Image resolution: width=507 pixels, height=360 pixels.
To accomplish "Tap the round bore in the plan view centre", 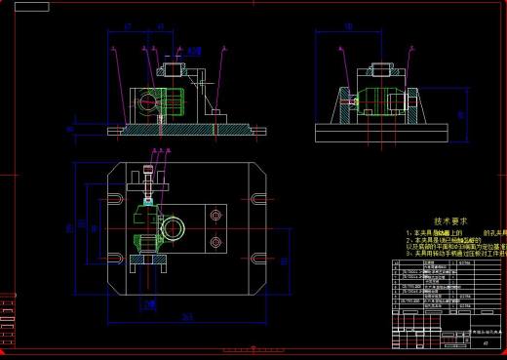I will (175, 228).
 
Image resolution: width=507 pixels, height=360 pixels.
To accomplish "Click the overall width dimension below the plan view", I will (186, 316).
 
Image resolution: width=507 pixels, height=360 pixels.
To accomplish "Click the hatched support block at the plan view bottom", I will (146, 261).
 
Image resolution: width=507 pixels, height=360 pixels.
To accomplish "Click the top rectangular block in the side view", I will (379, 71).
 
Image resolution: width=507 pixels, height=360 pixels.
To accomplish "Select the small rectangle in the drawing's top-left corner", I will (32, 7).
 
